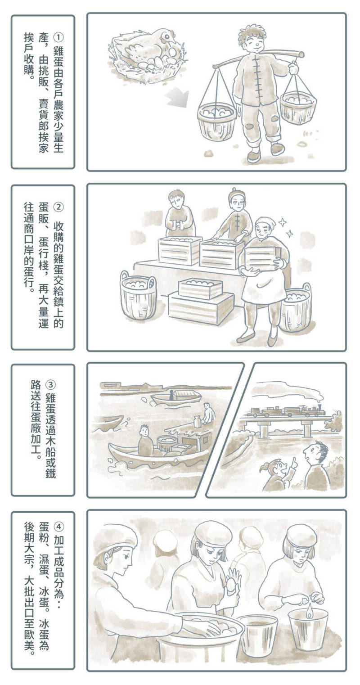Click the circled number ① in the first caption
click(58, 37)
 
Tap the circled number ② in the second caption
click(58, 207)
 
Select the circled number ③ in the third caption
click(50, 384)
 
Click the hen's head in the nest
click(168, 37)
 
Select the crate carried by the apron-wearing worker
click(262, 259)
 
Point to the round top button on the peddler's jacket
click(256, 57)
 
